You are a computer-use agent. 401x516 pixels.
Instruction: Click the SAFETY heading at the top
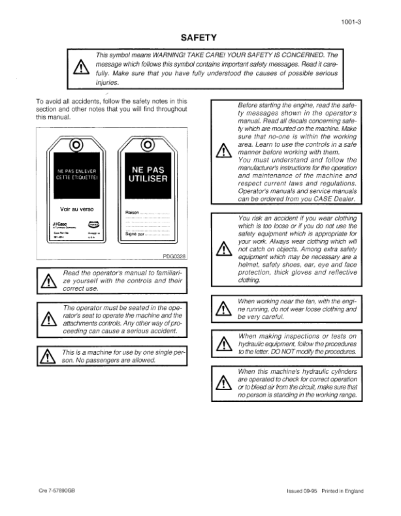tap(199, 38)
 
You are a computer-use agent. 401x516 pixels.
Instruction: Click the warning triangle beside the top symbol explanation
tap(81, 68)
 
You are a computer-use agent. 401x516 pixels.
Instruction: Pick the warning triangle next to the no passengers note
tap(48, 356)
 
